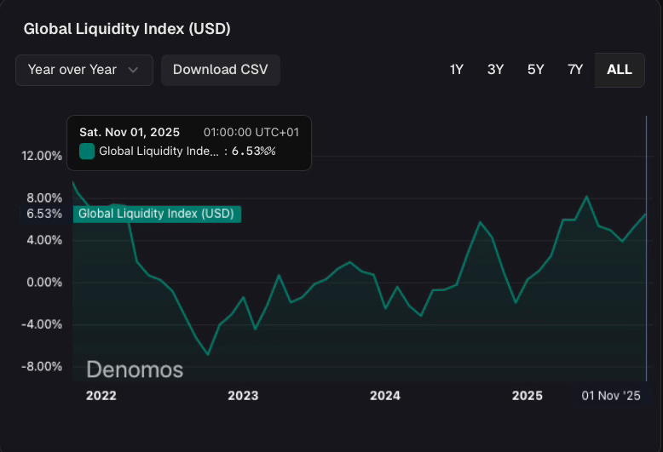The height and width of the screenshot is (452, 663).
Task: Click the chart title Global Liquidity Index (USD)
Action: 127,29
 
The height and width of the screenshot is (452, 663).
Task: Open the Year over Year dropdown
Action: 84,70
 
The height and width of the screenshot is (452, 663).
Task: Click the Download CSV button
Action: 220,70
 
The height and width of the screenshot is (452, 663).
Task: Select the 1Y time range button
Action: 456,70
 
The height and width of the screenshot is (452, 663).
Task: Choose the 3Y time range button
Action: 495,70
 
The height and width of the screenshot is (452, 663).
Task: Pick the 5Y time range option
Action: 535,70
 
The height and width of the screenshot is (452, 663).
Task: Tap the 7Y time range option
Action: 575,70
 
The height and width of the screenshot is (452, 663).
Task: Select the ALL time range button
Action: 620,70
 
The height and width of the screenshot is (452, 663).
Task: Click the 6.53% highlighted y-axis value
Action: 44,214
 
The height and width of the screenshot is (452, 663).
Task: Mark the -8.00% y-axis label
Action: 41,367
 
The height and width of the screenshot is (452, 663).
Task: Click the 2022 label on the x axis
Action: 101,396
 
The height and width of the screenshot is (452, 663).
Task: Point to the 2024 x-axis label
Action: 385,396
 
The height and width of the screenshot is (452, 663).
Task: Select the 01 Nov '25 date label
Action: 611,396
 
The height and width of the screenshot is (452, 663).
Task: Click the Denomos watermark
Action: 135,370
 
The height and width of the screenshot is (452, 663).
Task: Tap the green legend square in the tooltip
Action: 87,152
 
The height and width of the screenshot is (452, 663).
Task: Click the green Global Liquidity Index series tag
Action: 156,214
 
